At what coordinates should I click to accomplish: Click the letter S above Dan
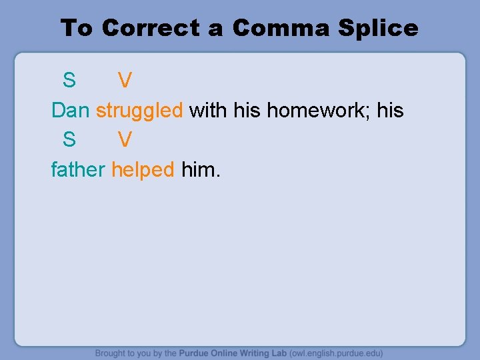tap(69, 81)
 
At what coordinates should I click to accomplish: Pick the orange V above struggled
tap(125, 81)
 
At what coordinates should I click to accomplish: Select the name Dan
tap(70, 110)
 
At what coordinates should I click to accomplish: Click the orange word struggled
tap(139, 111)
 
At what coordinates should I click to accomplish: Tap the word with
tap(208, 110)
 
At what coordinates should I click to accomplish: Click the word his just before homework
tap(247, 110)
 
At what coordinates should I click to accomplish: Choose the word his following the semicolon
tap(391, 110)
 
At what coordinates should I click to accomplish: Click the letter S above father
tap(69, 139)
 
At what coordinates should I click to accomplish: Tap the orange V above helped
tap(125, 139)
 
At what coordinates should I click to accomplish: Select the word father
tap(78, 169)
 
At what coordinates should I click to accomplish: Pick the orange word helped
tap(143, 169)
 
